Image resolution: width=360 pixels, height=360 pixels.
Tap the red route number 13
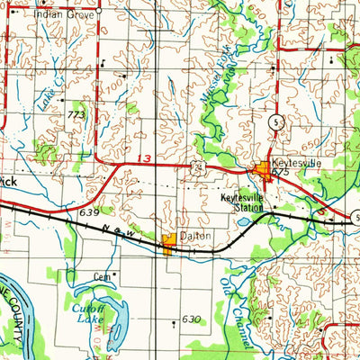(146, 160)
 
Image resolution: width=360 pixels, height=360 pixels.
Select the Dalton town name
(196, 236)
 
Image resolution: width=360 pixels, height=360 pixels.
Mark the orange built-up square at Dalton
(169, 243)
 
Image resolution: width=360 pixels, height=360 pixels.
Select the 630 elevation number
(190, 319)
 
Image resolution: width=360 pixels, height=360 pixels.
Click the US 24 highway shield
(196, 167)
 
